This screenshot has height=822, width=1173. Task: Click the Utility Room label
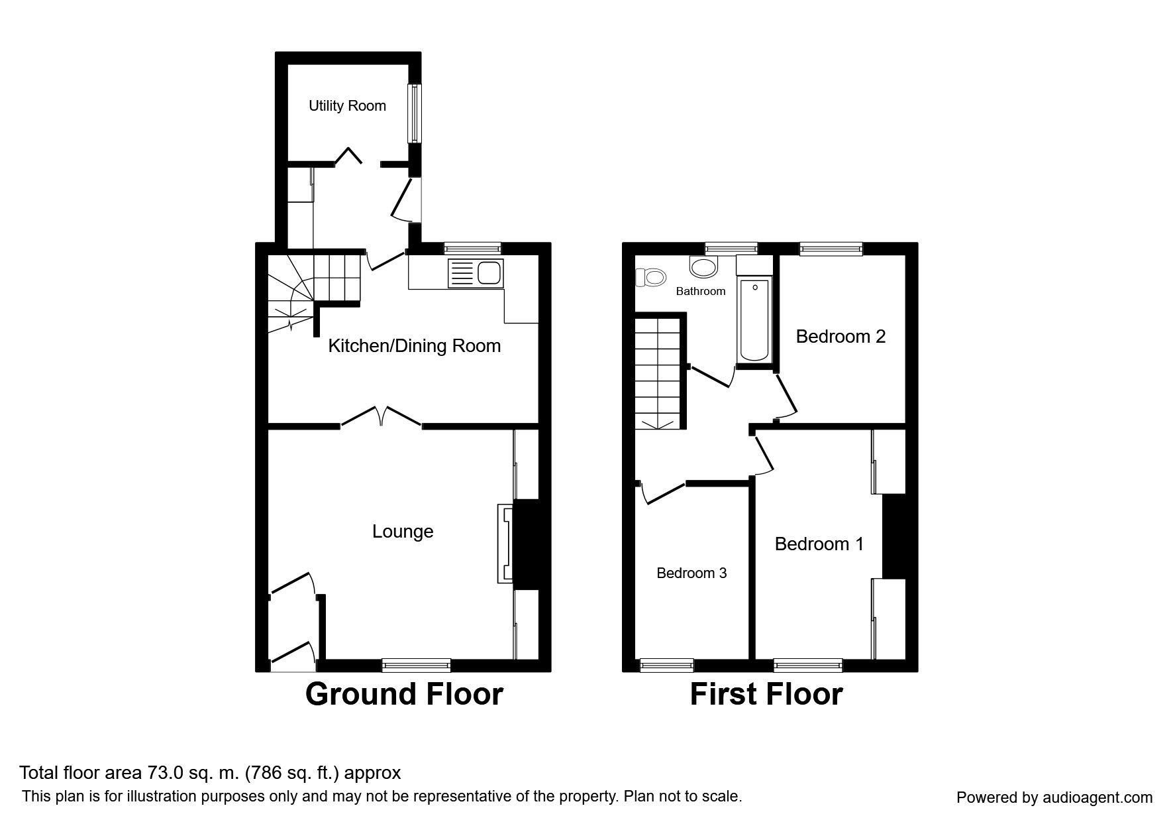point(347,106)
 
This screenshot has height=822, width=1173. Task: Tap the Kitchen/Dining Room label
point(415,346)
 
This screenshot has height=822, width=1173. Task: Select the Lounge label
point(403,532)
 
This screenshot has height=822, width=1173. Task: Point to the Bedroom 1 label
point(819,544)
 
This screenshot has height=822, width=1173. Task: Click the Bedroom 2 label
point(841,337)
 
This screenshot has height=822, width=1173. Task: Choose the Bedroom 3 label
point(691,573)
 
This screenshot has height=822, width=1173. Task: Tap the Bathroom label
point(701,291)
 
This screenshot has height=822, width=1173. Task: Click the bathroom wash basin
point(703,266)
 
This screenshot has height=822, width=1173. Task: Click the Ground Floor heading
point(404,694)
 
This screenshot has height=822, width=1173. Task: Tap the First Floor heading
point(766,694)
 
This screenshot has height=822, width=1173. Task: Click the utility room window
point(414,113)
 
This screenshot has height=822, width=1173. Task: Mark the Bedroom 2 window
point(831,249)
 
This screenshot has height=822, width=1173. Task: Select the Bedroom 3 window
point(667,665)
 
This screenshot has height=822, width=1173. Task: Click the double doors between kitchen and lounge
point(382,416)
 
